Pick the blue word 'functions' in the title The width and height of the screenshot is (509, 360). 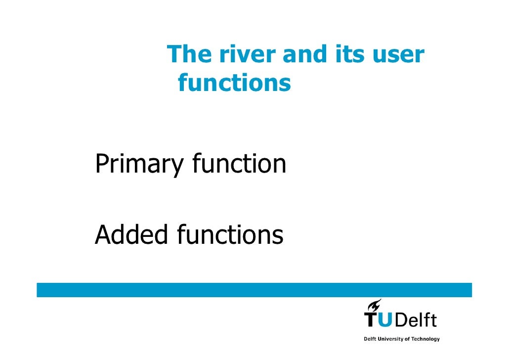coord(234,83)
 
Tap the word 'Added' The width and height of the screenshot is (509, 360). coord(132,235)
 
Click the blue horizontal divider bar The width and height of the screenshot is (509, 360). coord(254,290)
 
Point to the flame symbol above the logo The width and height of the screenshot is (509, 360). coord(374,305)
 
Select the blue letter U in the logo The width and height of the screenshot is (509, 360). coord(386,320)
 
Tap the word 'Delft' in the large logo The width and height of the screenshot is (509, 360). coord(416,319)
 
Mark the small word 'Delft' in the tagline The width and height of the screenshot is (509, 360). coord(369,339)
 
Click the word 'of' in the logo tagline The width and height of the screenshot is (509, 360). coord(406,339)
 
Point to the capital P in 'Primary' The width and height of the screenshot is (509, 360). coord(101,164)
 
